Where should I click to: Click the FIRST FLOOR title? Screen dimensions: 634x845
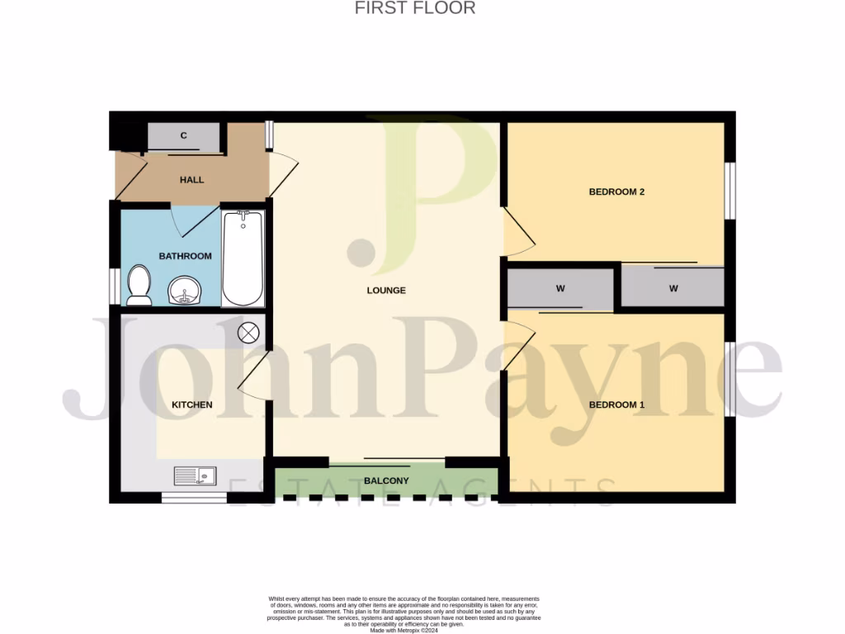pyautogui.click(x=414, y=8)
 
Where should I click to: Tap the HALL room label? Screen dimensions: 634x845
pyautogui.click(x=191, y=180)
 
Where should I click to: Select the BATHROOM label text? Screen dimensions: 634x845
pyautogui.click(x=185, y=256)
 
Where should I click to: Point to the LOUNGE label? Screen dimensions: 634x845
pyautogui.click(x=386, y=291)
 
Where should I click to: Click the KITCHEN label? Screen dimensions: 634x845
pyautogui.click(x=191, y=405)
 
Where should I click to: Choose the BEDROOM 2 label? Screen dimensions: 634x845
pyautogui.click(x=616, y=192)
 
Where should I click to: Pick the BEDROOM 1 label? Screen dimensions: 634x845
pyautogui.click(x=616, y=405)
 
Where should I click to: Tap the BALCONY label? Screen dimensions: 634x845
pyautogui.click(x=386, y=481)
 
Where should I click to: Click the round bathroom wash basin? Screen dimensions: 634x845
pyautogui.click(x=183, y=290)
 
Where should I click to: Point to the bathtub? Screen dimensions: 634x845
pyautogui.click(x=243, y=258)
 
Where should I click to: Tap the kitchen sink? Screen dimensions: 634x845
pyautogui.click(x=195, y=475)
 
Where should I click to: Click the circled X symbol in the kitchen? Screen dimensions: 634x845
pyautogui.click(x=248, y=333)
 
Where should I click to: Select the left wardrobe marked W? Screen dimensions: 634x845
pyautogui.click(x=559, y=289)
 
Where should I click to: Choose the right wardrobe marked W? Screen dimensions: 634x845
pyautogui.click(x=673, y=289)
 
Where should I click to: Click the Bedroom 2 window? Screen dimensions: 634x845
pyautogui.click(x=729, y=191)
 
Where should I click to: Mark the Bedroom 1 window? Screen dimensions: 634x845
pyautogui.click(x=729, y=379)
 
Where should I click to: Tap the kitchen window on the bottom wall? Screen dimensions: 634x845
pyautogui.click(x=194, y=497)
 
